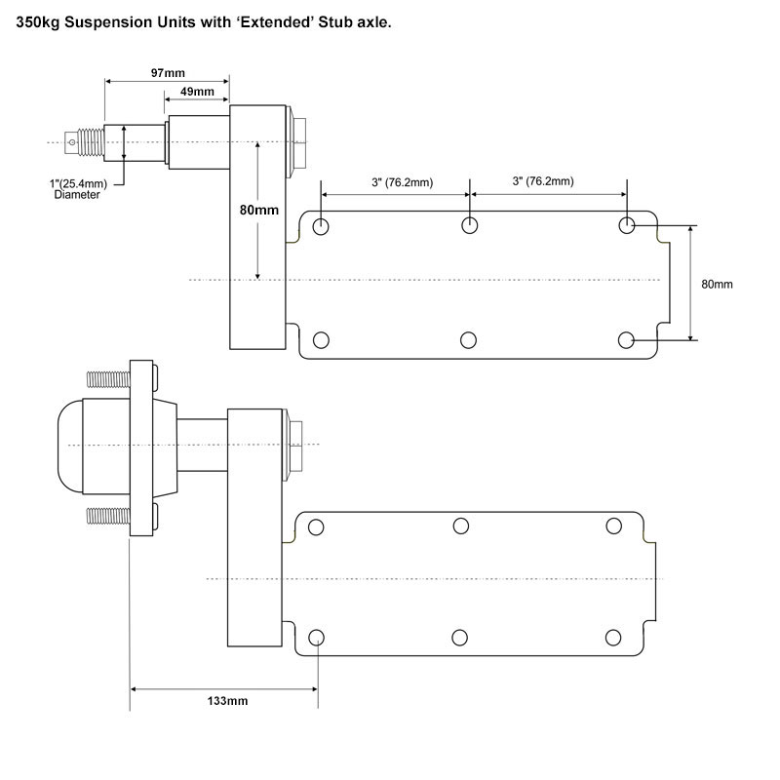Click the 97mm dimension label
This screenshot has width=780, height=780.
tap(168, 73)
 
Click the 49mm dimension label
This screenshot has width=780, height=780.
tap(198, 92)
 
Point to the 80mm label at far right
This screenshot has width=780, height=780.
tap(717, 284)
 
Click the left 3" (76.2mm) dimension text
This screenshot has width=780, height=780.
tap(403, 181)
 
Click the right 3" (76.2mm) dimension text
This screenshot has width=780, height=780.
tap(543, 181)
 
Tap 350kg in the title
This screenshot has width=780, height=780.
tap(34, 21)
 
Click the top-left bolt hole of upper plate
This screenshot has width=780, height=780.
tap(321, 227)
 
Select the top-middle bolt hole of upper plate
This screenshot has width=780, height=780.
tap(470, 226)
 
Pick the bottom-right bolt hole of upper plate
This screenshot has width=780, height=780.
tap(627, 339)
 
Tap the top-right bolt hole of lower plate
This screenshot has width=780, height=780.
tap(613, 526)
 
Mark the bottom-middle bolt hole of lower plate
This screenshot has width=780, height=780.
tap(461, 638)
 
